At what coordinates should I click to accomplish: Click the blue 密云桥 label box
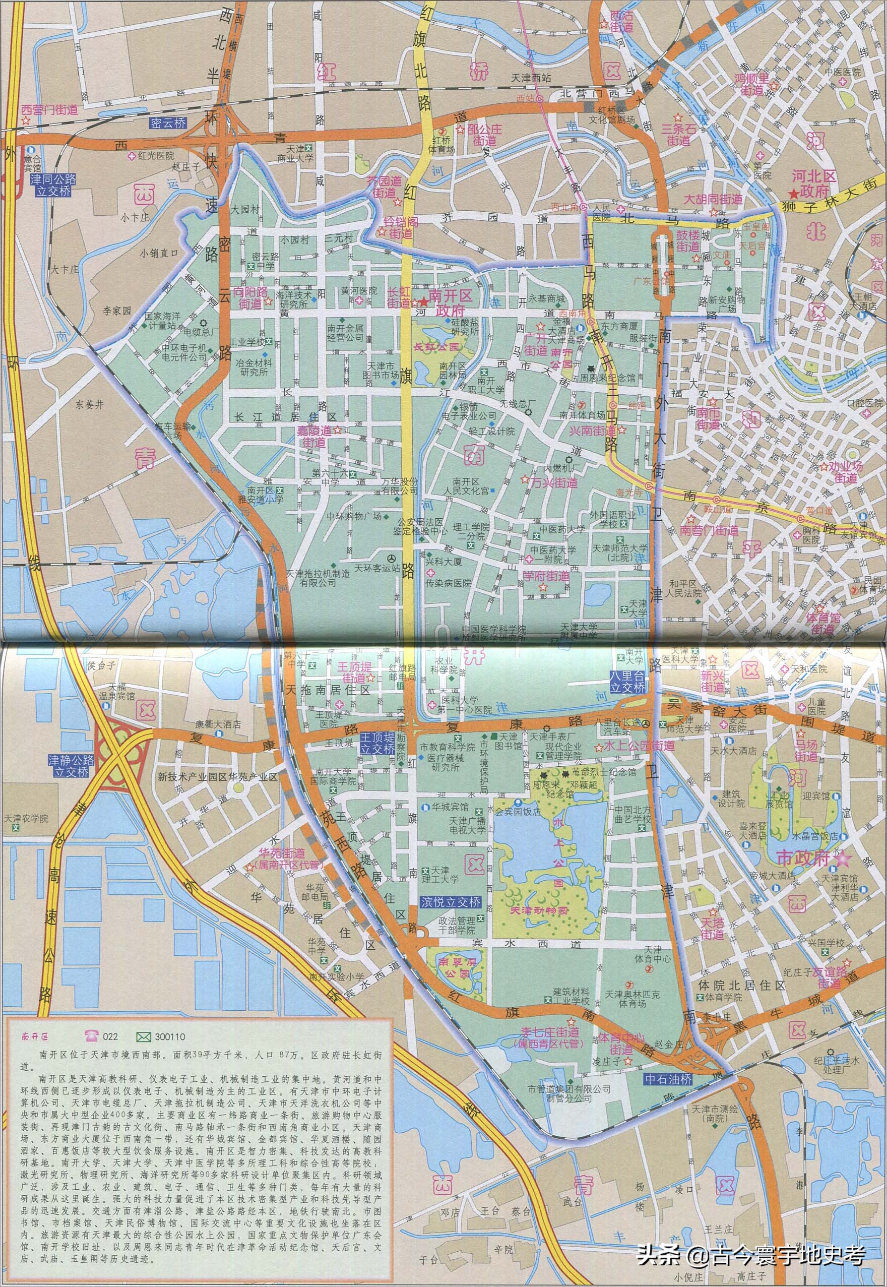(168, 124)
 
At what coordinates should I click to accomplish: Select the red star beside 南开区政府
(423, 302)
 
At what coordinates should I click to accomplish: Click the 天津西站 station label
(531, 78)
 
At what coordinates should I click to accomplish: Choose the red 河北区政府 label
(813, 184)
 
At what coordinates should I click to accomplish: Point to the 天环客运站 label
(377, 568)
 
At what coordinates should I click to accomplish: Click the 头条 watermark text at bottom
(658, 1254)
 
